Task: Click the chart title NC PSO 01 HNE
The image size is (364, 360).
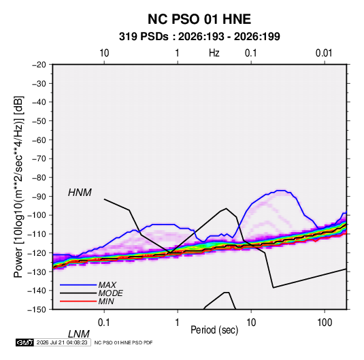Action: coord(199,19)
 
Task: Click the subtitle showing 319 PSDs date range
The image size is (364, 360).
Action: coord(199,37)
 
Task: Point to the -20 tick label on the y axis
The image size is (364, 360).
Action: coord(39,65)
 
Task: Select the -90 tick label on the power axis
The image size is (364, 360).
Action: coord(39,197)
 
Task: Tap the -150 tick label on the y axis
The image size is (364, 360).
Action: coord(37,310)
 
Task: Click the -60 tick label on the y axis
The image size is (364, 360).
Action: coord(39,140)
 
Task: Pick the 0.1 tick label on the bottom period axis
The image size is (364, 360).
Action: coord(104,323)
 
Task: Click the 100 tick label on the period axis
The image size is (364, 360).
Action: coord(325,323)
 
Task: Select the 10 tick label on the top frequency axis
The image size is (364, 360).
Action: coord(104,53)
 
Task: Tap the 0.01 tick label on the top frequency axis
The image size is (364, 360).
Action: coord(324,53)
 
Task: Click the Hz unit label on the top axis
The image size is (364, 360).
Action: coord(214,53)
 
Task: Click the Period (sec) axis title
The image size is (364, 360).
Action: coord(214,330)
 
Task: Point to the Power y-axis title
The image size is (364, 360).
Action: coord(18,187)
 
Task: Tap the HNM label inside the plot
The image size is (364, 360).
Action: coord(80,193)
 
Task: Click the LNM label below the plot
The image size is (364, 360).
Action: coord(78,334)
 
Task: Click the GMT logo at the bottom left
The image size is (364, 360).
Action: coord(25,342)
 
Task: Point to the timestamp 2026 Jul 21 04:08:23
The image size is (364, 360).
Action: coord(62,342)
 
